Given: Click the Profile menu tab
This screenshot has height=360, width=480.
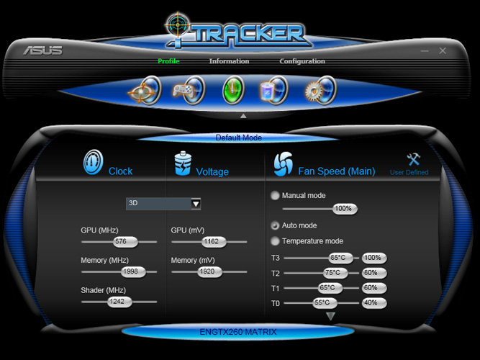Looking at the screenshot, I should click(x=168, y=61).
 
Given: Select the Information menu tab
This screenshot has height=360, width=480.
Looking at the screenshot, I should click(x=229, y=61).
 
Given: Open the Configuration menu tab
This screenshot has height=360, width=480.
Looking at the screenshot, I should click(x=302, y=61).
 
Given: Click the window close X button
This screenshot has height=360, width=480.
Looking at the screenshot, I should click(x=443, y=51).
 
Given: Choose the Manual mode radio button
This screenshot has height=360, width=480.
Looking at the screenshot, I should click(x=275, y=195).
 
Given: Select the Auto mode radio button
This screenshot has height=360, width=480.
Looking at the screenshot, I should click(x=275, y=225).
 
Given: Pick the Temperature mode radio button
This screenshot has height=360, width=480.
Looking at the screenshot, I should click(x=275, y=241).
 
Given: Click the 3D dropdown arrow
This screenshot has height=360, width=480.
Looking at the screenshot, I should click(x=196, y=204).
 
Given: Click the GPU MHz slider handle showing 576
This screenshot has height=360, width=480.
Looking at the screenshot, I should click(x=121, y=242).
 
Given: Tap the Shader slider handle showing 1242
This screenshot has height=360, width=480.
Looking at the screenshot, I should click(x=117, y=302).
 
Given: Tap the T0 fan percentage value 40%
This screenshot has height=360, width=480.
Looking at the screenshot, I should click(x=373, y=303).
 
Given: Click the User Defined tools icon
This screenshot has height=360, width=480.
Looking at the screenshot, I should click(x=413, y=160).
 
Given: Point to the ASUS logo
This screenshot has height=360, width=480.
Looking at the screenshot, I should click(x=42, y=50).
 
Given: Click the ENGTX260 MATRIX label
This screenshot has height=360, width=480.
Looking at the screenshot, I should click(x=238, y=332).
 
